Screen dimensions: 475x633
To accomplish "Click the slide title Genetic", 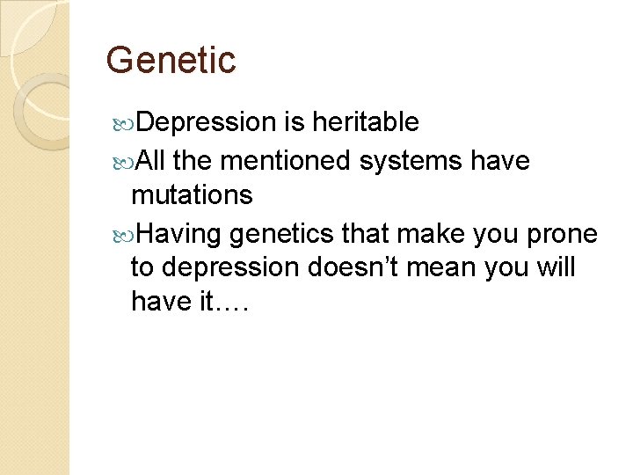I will coord(171,61).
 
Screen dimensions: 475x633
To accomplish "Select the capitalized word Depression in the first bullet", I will coord(207,123).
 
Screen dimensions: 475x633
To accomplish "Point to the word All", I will coord(152,161).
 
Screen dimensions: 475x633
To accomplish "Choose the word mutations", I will coord(191,195).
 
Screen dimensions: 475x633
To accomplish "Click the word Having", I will coord(180,234).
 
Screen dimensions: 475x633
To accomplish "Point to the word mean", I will coord(472,267).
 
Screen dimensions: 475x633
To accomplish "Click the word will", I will coord(556,267).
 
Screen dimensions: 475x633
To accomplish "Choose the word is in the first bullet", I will coord(295,123).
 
